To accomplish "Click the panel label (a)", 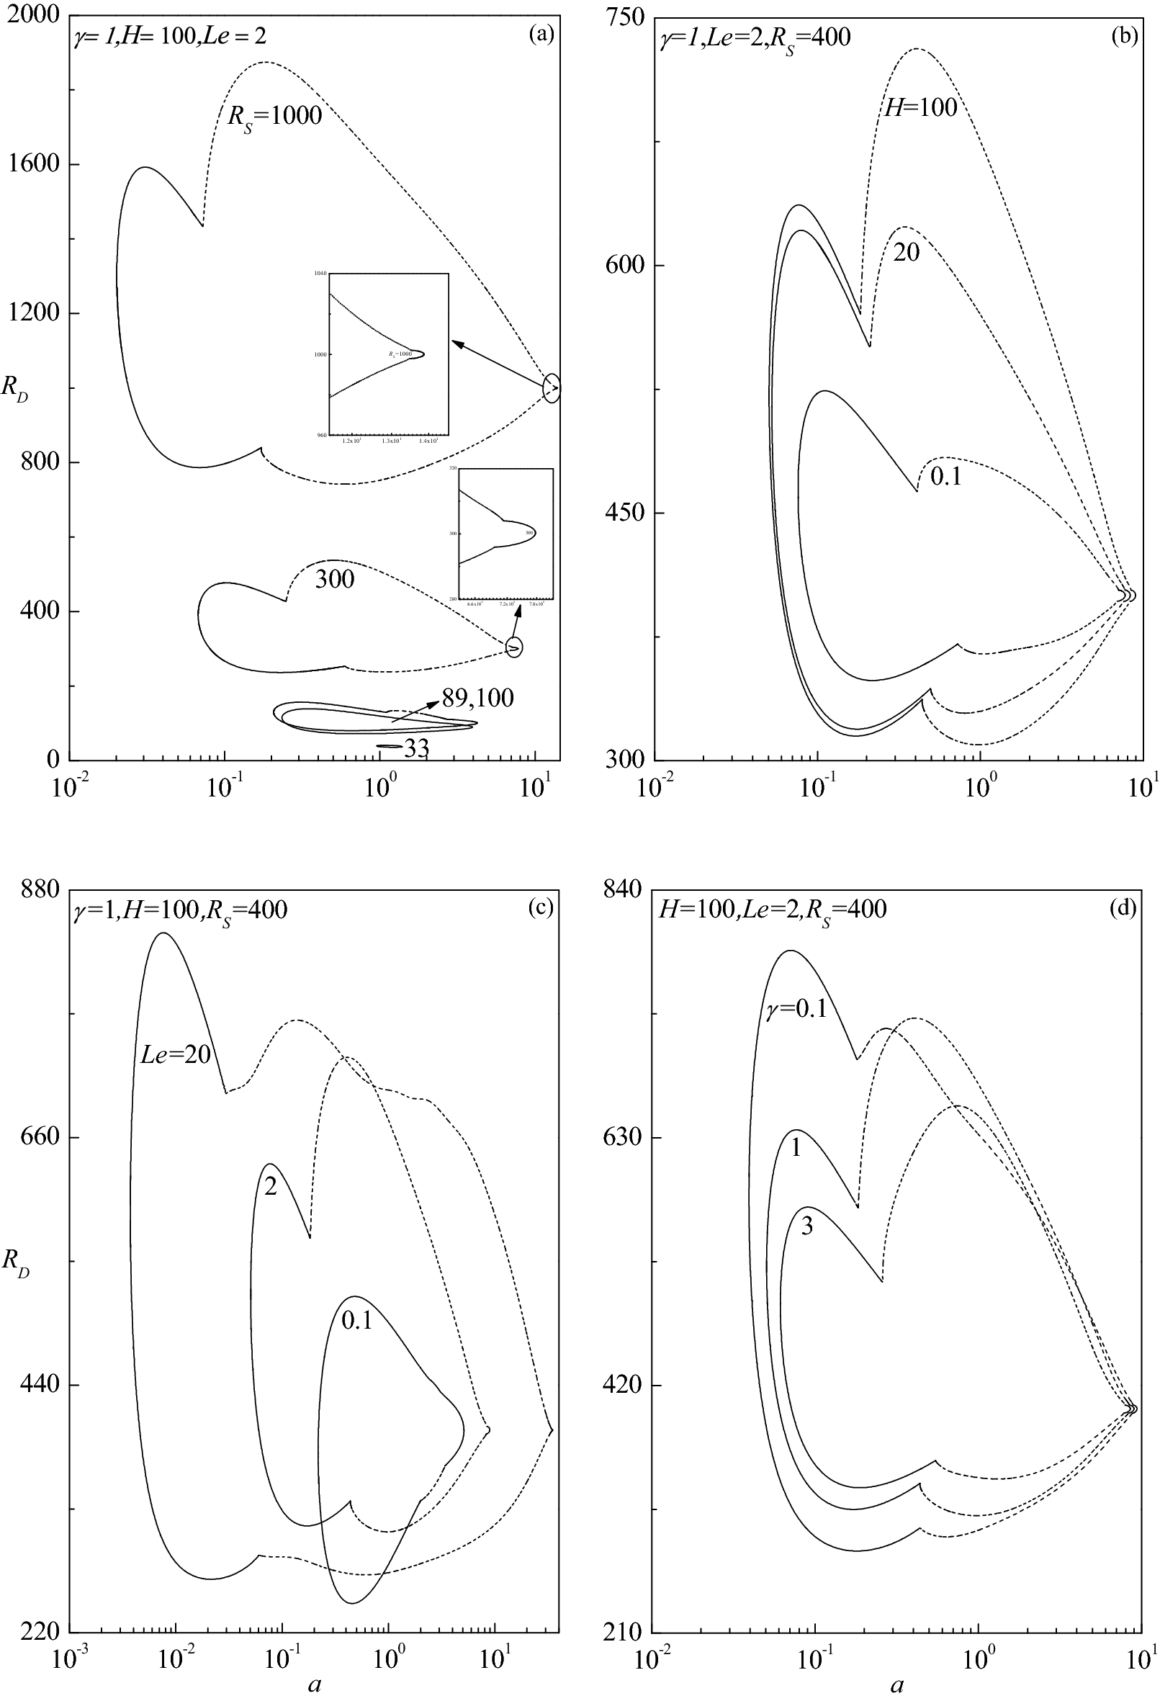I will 541,35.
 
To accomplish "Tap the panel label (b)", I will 1123,35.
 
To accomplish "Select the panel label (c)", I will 541,907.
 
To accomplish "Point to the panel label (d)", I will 1123,907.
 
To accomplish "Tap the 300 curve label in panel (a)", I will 334,580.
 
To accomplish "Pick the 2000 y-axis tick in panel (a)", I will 35,16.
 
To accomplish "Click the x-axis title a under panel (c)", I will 315,1684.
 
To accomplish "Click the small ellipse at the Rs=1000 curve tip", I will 552,389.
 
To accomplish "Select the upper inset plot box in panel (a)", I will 389,355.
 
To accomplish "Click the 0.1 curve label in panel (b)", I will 945,477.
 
